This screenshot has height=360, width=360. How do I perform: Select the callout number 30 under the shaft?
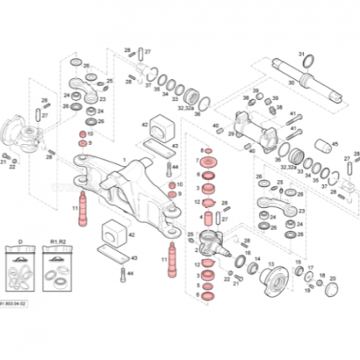[290, 82]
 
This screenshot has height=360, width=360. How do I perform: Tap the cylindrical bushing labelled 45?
[325, 147]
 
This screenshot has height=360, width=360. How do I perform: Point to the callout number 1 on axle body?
[124, 160]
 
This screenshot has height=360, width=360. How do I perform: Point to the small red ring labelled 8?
[207, 150]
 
